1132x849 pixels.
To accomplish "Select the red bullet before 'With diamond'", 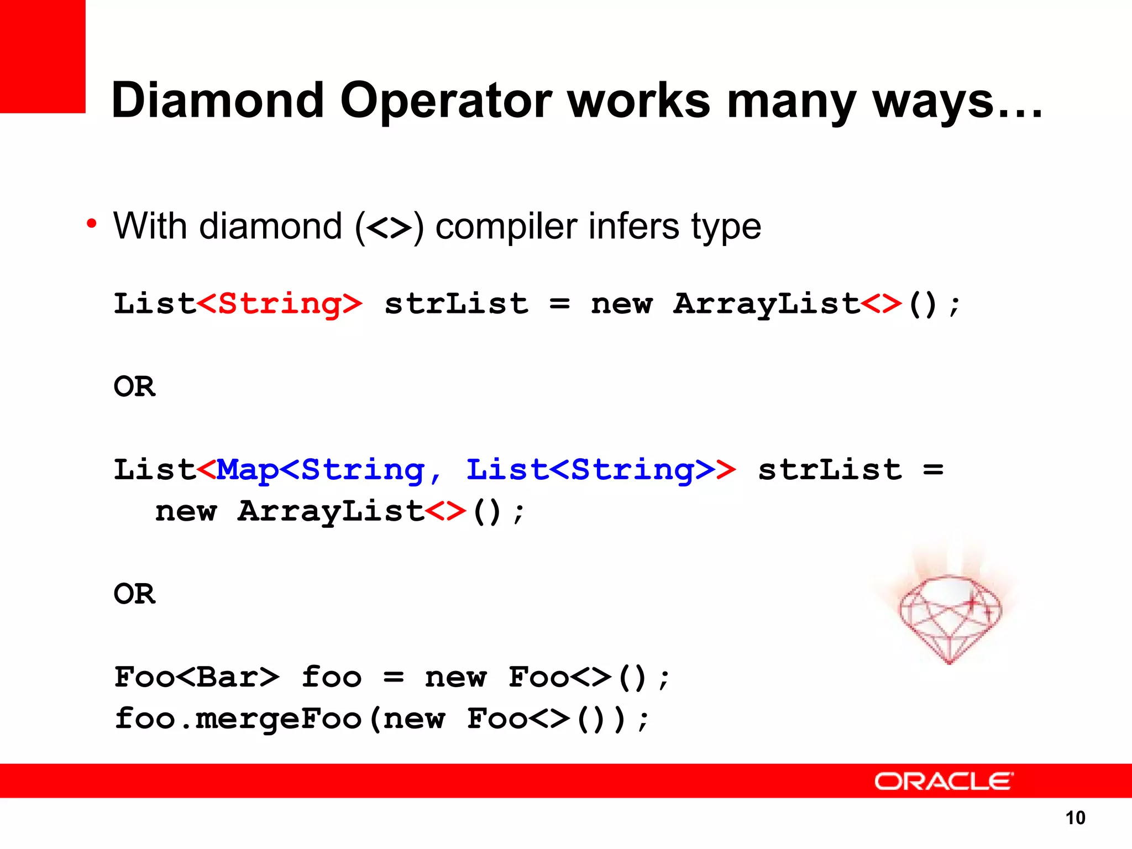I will click(92, 224).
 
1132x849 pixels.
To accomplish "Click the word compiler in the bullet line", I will click(506, 227).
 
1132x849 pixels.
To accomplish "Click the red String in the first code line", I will click(280, 305).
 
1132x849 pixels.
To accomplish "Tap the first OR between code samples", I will click(134, 386).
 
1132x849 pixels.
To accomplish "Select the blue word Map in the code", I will click(248, 470).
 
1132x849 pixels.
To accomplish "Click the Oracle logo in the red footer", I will click(944, 781).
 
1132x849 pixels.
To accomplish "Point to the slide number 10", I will click(1075, 817).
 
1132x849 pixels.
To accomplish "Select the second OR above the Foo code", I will click(134, 594).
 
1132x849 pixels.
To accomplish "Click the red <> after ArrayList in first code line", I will click(881, 304).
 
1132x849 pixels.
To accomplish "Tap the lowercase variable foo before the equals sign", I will click(331, 677).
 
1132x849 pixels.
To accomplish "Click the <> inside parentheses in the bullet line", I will click(389, 227).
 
